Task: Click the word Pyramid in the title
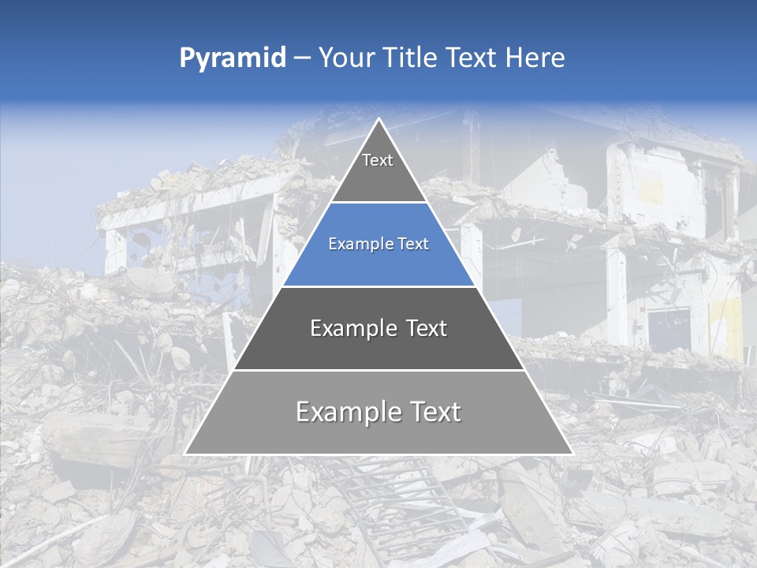[x=233, y=58]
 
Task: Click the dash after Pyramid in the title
[x=301, y=58]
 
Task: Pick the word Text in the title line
[x=471, y=58]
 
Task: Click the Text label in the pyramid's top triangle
[x=378, y=160]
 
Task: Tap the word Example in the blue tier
[x=356, y=245]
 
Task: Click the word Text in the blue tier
[x=413, y=245]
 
